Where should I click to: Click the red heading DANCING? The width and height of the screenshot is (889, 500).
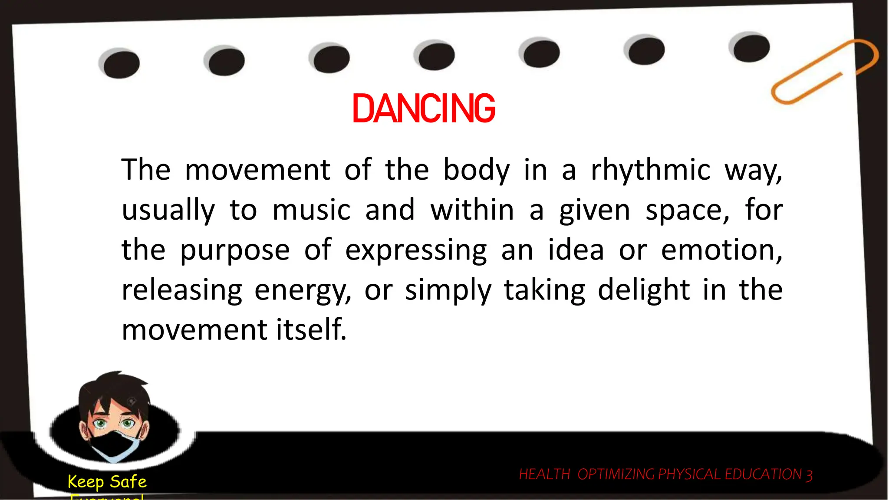click(x=423, y=109)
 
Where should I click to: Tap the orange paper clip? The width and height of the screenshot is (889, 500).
click(x=825, y=71)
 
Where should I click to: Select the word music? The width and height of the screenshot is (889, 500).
click(x=311, y=210)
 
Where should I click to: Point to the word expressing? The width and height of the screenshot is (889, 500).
click(x=416, y=250)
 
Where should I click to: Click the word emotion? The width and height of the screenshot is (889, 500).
click(x=721, y=250)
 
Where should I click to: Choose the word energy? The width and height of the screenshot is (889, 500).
click(x=303, y=290)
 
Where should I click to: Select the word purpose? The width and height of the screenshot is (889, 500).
click(x=234, y=251)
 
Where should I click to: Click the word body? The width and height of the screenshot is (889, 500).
click(x=476, y=170)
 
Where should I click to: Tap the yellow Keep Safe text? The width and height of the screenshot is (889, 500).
click(x=107, y=481)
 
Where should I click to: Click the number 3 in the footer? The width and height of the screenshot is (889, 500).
click(x=809, y=475)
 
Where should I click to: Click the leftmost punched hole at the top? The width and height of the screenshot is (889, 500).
click(x=121, y=64)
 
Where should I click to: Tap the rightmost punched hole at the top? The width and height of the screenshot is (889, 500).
click(x=751, y=48)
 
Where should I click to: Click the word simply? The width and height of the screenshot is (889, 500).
click(x=448, y=290)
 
